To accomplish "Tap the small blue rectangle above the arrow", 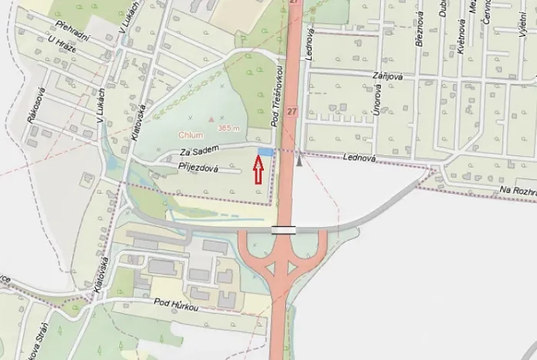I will pos(265,152).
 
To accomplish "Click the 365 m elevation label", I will pos(229,128).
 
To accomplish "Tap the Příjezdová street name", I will pos(199,166).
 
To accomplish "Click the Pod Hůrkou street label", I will pos(175,305).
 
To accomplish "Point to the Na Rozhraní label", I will pos(515,190).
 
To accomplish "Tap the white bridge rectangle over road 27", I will pos(283,229).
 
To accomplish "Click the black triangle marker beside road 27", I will pos(299,161).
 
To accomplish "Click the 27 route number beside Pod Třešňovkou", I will pos(292,112).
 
